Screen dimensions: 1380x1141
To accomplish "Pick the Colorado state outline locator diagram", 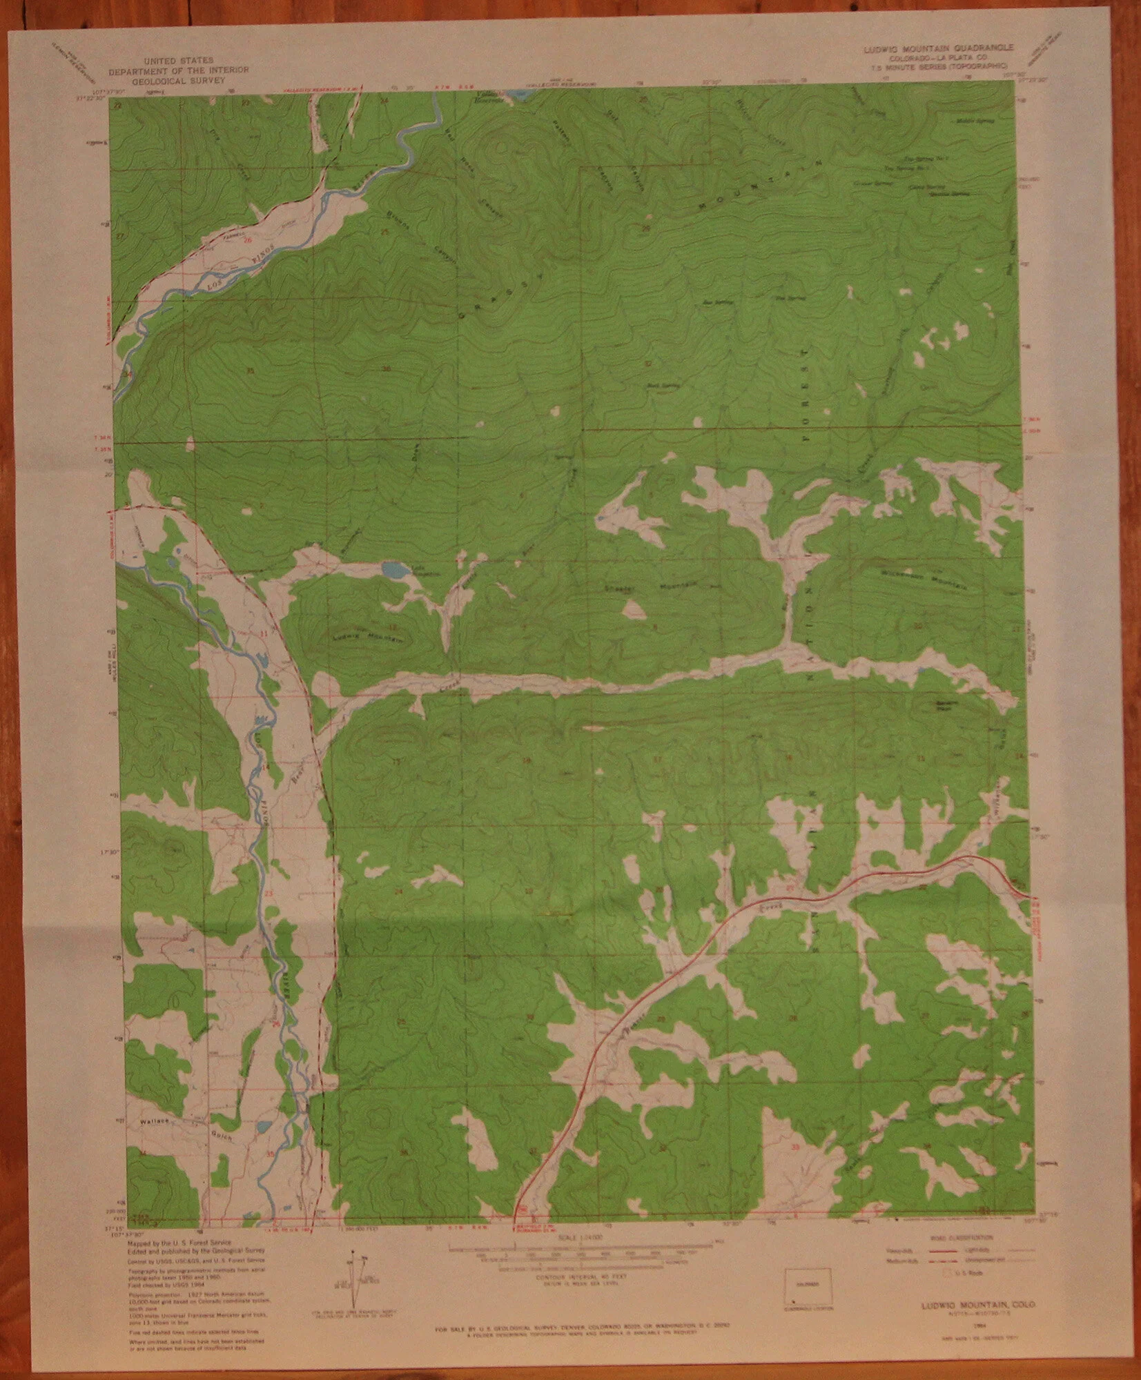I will tap(810, 1284).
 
